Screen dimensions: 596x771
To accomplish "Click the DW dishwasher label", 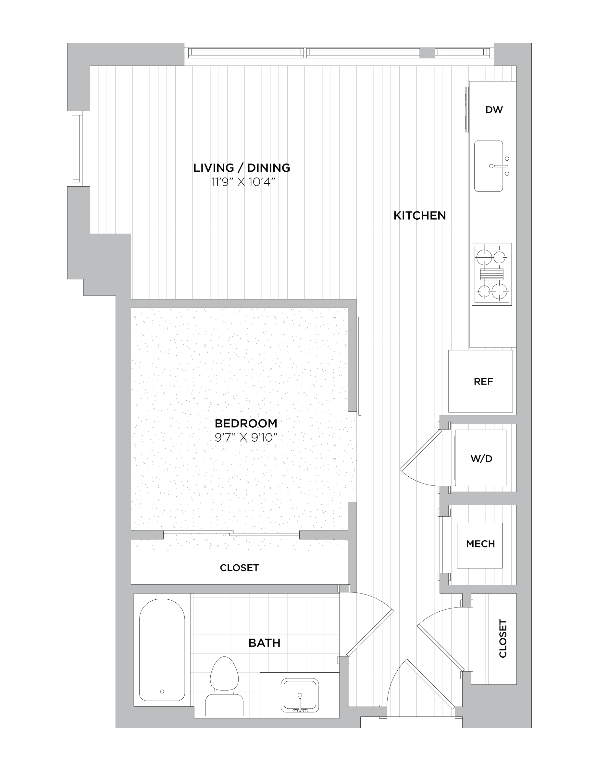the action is (x=494, y=110).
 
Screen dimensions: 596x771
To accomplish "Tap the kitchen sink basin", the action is (x=488, y=166).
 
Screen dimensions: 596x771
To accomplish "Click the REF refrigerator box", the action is (x=480, y=381).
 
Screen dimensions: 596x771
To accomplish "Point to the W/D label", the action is (x=481, y=459).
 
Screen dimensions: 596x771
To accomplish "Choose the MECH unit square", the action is (x=480, y=545).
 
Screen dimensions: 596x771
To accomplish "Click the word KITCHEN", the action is (x=420, y=215).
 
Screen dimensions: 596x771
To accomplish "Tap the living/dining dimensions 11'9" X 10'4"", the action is (x=243, y=182).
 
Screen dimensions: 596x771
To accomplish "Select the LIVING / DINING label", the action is (x=242, y=168).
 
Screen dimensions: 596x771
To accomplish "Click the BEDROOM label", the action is (x=246, y=423).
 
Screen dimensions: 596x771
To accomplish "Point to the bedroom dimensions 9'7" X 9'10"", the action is (x=246, y=438).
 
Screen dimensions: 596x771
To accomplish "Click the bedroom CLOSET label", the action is (x=239, y=568).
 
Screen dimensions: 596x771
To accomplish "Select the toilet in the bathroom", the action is (x=224, y=686).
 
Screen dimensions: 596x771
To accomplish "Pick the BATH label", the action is (x=265, y=643).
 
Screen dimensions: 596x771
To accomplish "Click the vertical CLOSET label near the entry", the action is (x=503, y=638).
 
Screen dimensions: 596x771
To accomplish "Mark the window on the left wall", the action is (x=77, y=149).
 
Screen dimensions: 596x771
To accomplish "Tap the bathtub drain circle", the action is (x=162, y=691).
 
